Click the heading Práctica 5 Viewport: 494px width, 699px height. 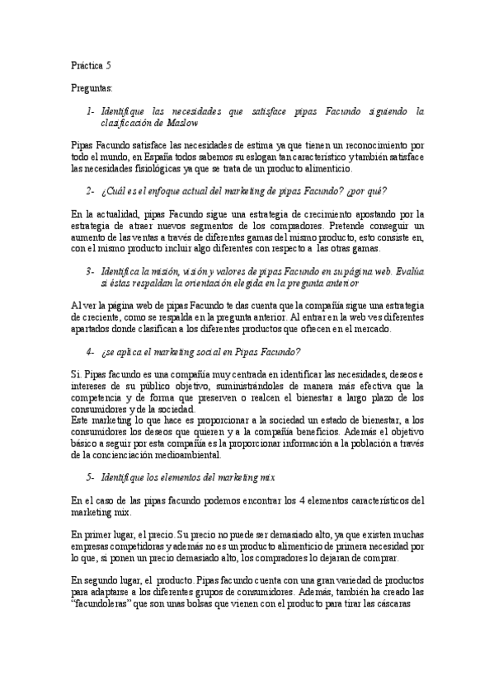92,63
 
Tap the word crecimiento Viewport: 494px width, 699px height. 309,213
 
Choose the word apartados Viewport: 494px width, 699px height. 92,330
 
